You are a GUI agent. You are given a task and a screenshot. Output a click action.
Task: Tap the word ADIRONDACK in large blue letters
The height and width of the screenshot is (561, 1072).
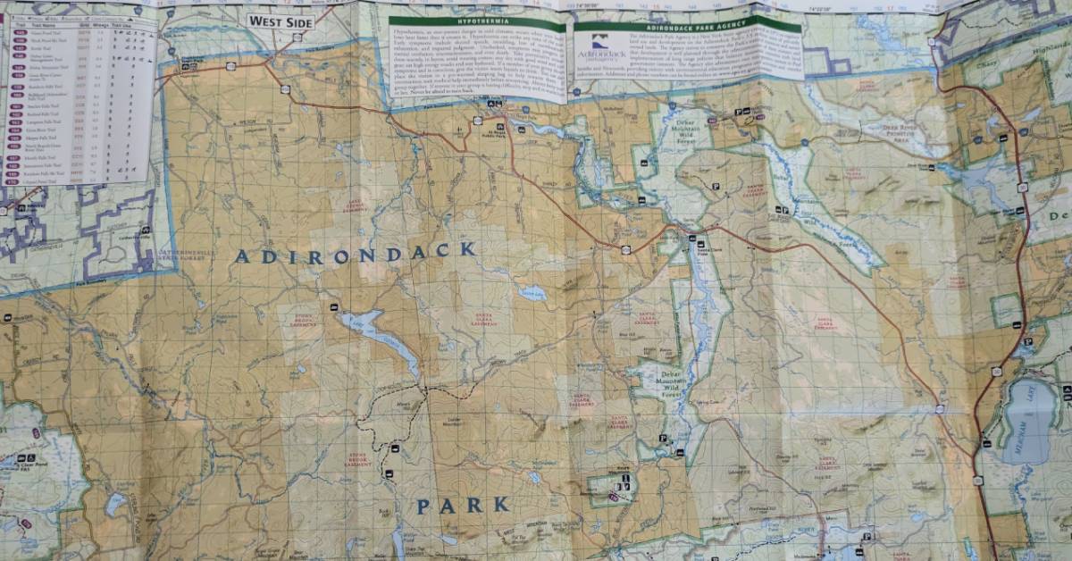pyautogui.click(x=356, y=254)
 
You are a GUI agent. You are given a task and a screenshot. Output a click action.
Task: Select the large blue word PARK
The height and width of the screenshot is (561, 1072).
pyautogui.click(x=463, y=506)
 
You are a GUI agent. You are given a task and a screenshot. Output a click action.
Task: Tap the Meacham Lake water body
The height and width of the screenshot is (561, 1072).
pyautogui.click(x=1028, y=420)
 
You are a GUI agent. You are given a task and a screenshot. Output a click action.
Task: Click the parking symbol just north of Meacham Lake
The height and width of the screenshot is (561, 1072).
pyautogui.click(x=1027, y=342)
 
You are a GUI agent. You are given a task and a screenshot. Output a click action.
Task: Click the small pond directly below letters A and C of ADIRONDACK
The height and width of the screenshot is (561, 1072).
pyautogui.click(x=533, y=292)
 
